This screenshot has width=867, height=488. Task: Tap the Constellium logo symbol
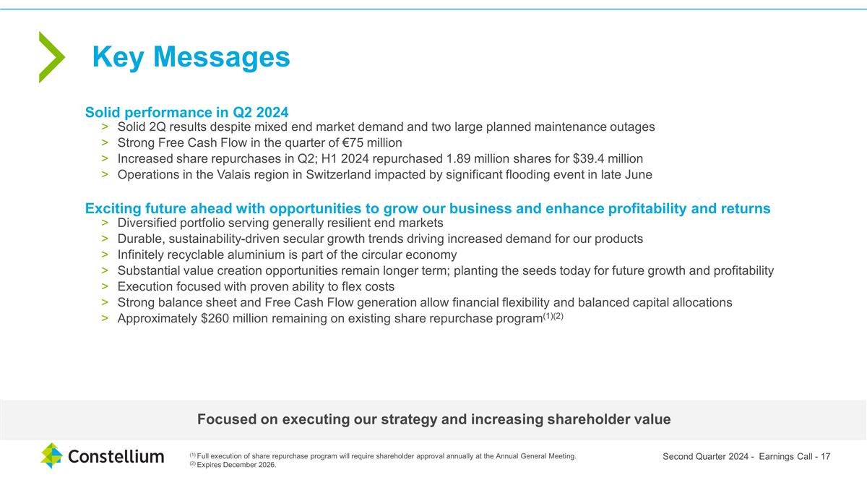(51, 455)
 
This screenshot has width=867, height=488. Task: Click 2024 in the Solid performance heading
(270, 112)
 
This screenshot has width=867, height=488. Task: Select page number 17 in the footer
(825, 456)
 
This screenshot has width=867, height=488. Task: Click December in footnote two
(239, 465)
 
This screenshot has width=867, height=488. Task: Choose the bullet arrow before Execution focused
(105, 286)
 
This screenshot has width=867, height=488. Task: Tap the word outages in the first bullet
(631, 127)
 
